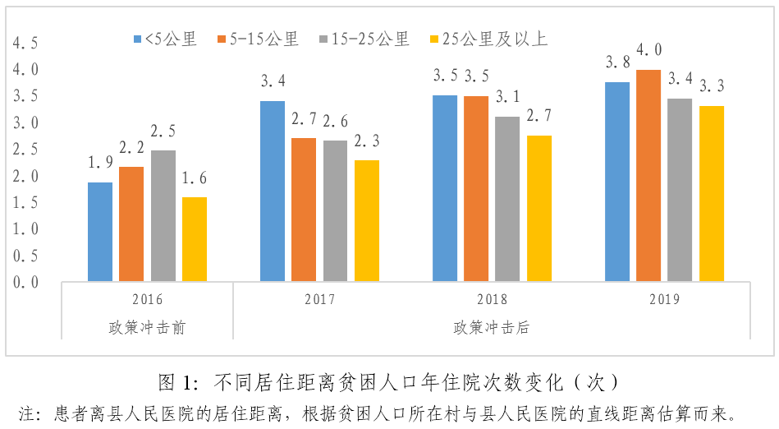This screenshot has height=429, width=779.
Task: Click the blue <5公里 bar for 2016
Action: point(100,232)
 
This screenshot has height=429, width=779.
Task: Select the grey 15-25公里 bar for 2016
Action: point(163,215)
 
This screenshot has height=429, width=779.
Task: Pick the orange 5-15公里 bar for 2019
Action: point(648,175)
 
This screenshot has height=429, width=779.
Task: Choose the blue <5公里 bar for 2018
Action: point(445,188)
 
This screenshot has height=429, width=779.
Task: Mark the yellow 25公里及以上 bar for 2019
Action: point(712,193)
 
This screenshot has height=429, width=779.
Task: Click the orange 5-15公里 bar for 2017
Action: point(304,210)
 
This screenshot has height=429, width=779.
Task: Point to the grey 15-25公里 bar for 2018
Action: point(508,199)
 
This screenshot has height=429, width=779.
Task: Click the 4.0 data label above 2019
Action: point(648,50)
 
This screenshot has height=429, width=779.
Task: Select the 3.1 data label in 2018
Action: point(508,97)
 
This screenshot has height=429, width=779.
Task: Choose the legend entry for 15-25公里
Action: point(369,39)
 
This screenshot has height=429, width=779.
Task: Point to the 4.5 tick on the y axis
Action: point(25,44)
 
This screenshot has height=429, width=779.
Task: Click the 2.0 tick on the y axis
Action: point(25,176)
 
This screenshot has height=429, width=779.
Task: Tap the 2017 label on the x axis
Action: point(319,299)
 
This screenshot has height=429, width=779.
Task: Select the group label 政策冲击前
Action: point(147,327)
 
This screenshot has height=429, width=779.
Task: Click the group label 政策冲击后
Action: point(491,327)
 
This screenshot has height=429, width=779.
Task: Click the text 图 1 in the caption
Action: point(177,382)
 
